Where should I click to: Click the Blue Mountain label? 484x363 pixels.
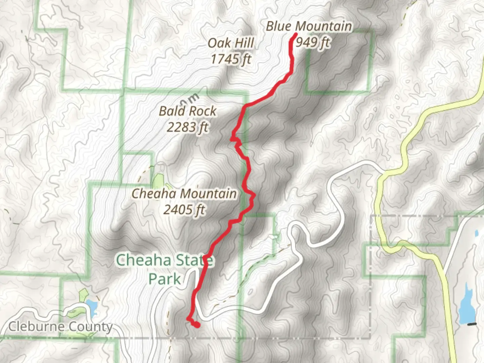point(309,26)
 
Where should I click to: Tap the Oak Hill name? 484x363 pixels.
point(231,43)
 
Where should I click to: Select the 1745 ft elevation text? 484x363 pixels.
point(231,59)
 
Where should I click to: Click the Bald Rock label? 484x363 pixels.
point(188,111)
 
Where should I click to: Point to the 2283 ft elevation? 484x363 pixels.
point(188,127)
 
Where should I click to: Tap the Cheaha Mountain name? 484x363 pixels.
point(184,194)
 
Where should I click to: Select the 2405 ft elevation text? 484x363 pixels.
point(184,210)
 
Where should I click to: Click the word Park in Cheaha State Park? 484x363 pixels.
point(165,279)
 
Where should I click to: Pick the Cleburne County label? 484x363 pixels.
point(61,326)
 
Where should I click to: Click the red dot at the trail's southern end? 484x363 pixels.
point(197,325)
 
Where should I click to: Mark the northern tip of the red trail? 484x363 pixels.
point(295,34)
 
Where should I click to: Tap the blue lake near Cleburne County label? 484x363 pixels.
point(91,306)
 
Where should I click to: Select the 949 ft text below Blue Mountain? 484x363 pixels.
point(313,42)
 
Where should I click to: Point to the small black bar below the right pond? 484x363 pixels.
point(472,324)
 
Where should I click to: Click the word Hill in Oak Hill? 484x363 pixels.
point(245,43)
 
